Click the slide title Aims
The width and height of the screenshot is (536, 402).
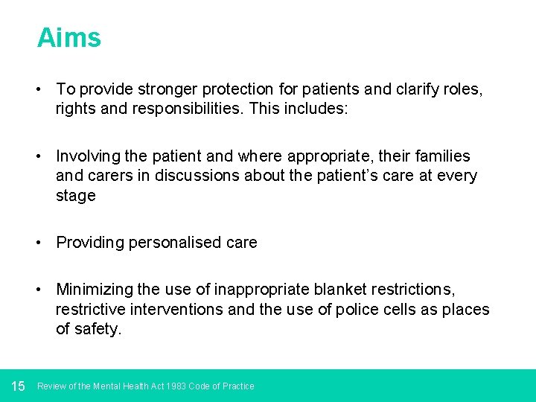pyautogui.click(x=68, y=37)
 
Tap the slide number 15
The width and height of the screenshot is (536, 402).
pyautogui.click(x=19, y=386)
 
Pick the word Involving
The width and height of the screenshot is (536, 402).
pyautogui.click(x=87, y=156)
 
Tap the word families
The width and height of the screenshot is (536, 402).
pyautogui.click(x=439, y=156)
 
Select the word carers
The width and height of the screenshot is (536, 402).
pyautogui.click(x=111, y=176)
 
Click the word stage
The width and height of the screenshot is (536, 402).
pyautogui.click(x=75, y=196)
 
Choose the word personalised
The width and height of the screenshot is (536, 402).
pyautogui.click(x=174, y=243)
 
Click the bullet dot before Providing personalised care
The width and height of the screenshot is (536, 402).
pyautogui.click(x=42, y=243)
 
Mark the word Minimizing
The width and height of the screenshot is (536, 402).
pyautogui.click(x=92, y=289)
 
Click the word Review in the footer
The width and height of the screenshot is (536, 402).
pyautogui.click(x=51, y=386)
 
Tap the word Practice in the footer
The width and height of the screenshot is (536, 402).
pyautogui.click(x=237, y=386)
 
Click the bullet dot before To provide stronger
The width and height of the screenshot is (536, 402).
pyautogui.click(x=42, y=89)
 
